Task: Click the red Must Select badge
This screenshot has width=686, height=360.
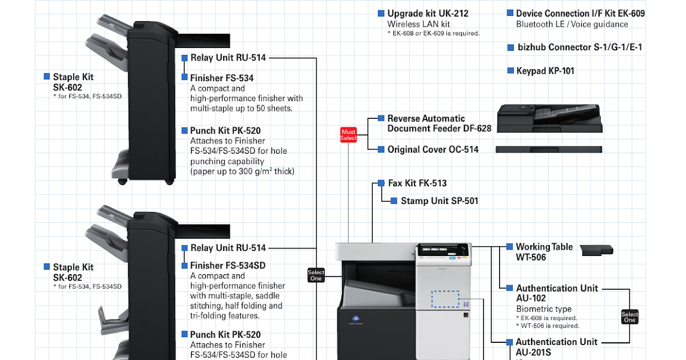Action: (348, 135)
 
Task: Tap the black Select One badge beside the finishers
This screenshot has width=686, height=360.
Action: (316, 275)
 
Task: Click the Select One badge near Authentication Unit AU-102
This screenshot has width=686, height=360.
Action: (629, 317)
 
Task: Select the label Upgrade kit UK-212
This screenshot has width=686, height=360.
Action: (428, 13)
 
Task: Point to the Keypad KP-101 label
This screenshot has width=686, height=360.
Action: (545, 71)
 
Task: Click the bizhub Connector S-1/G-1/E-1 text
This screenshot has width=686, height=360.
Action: (580, 47)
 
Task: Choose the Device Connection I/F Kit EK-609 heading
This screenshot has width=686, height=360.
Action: (580, 13)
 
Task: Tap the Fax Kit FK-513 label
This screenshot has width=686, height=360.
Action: (417, 183)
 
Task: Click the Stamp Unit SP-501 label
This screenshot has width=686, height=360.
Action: (439, 201)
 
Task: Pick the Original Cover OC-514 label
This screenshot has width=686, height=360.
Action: (433, 149)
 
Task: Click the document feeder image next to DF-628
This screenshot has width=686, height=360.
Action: (549, 119)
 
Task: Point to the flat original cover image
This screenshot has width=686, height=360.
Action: (548, 149)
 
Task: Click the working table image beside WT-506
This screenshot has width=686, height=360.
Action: (596, 250)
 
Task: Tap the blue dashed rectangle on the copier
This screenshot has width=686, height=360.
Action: (445, 299)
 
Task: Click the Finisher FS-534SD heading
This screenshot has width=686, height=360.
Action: (228, 265)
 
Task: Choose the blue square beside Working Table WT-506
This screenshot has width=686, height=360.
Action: (509, 247)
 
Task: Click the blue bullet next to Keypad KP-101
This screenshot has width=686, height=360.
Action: (511, 71)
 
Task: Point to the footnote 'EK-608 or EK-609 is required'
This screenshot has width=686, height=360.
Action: (433, 33)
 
